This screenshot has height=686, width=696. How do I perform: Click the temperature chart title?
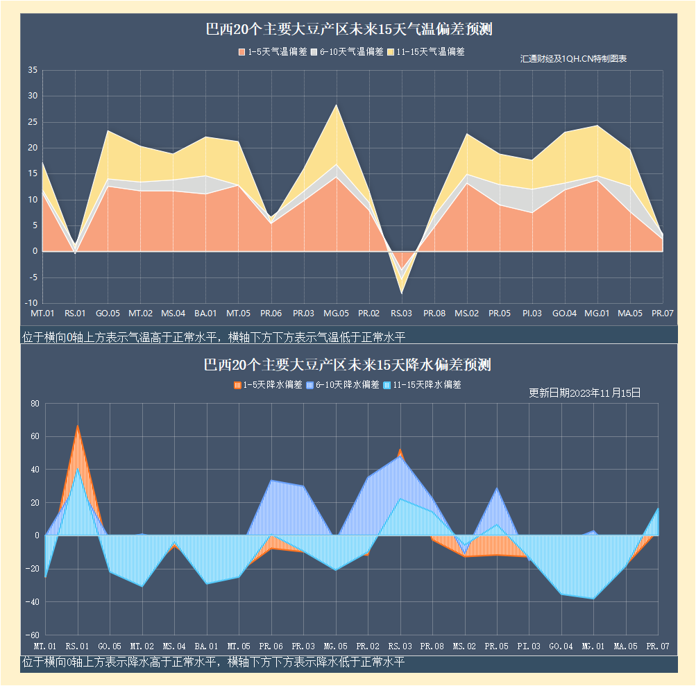[x=349, y=30]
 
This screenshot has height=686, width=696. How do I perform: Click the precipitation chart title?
[x=348, y=365]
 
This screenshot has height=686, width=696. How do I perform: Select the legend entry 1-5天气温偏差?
[x=273, y=51]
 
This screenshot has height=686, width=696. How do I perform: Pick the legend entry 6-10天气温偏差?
[x=346, y=51]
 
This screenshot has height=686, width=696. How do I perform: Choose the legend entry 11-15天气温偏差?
[x=425, y=51]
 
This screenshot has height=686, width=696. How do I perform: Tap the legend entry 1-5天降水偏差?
[x=268, y=384]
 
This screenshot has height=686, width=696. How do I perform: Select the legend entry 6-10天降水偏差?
[x=344, y=384]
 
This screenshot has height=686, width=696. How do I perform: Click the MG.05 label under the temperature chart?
[x=336, y=314]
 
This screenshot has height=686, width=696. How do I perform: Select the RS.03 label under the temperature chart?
[x=401, y=314]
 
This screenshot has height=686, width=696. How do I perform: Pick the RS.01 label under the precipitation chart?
[x=76, y=646]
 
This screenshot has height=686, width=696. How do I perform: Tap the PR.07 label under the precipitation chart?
[x=657, y=646]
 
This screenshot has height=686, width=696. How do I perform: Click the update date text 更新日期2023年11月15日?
[x=584, y=393]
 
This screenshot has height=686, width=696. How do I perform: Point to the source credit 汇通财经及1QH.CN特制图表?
[x=574, y=59]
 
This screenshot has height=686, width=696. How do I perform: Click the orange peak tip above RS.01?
[x=77, y=425]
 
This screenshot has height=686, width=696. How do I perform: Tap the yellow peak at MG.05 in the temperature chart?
[x=337, y=105]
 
